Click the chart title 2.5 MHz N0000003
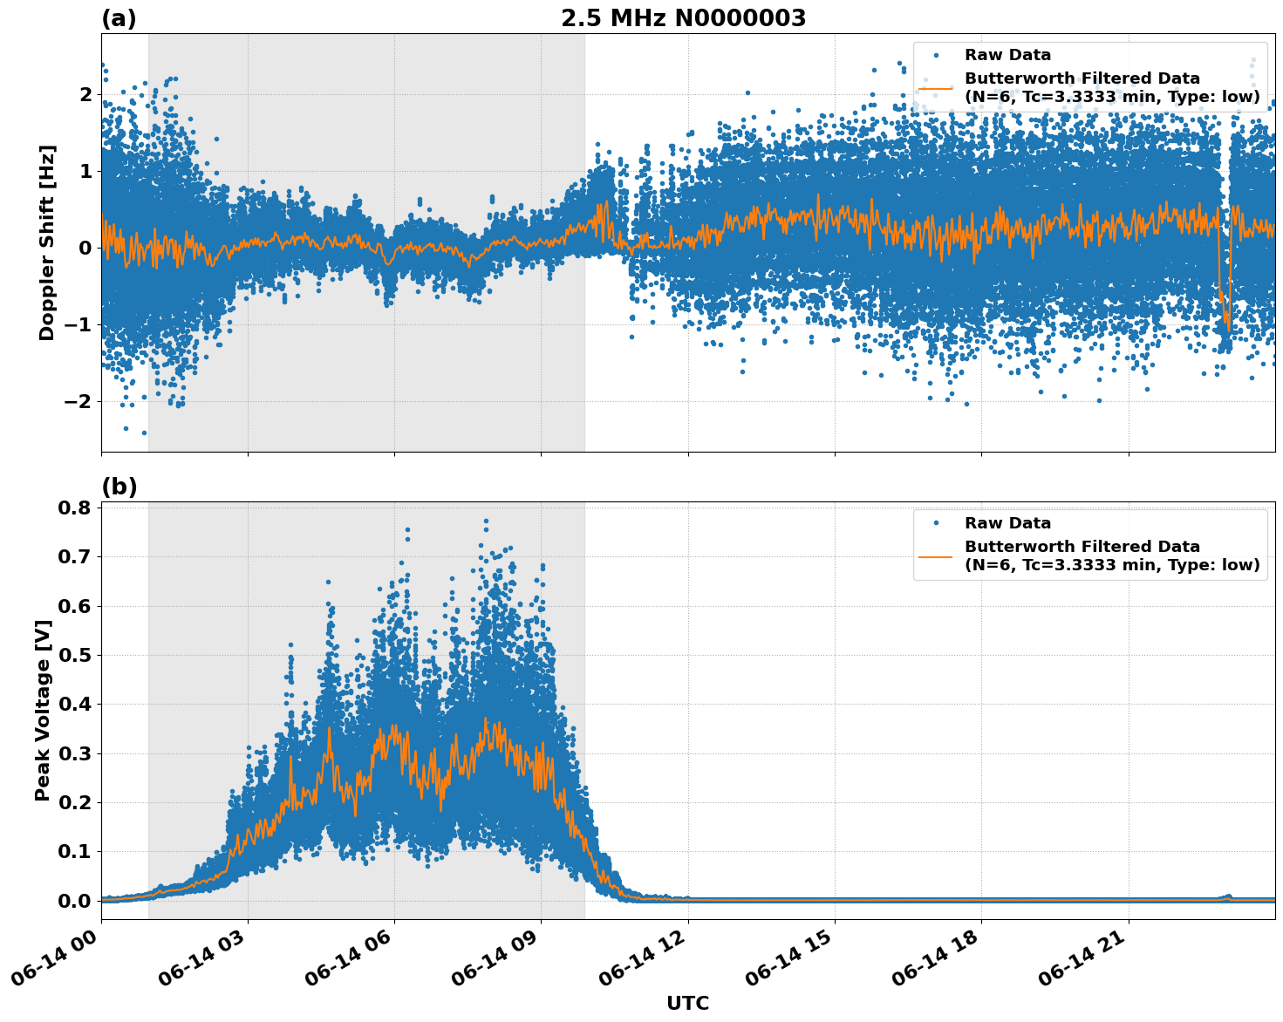pos(683,18)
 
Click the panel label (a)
pos(119,18)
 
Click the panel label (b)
pos(119,487)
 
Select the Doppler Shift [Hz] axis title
pos(47,242)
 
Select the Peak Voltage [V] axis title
pos(43,710)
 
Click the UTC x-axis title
pos(687,1003)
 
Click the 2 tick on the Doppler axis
pos(85,94)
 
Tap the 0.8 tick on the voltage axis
pos(75,508)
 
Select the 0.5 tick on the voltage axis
pos(75,655)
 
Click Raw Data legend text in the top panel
pos(1007,55)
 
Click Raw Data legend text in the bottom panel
pos(1007,523)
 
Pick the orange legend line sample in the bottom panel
pos(935,555)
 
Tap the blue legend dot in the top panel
pos(935,55)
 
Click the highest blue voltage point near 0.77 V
pos(486,521)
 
